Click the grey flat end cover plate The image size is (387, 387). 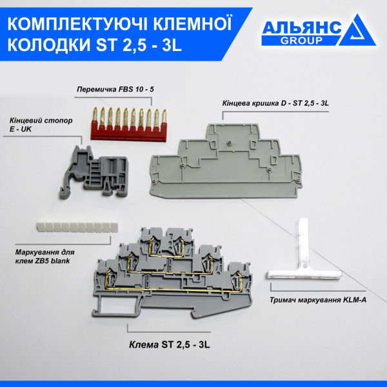click(x=225, y=164)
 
